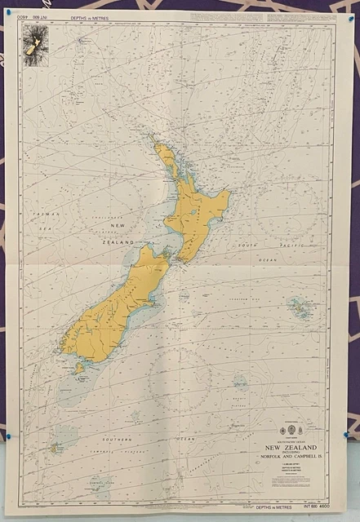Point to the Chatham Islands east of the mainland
click(299, 308)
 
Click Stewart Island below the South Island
click(80, 368)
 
